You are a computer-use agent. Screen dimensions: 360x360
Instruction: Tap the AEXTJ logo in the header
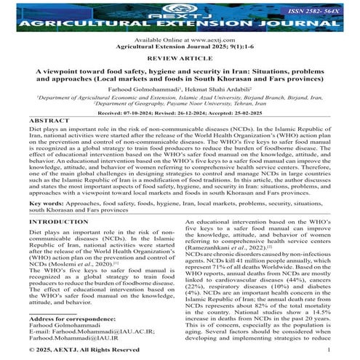(180, 9)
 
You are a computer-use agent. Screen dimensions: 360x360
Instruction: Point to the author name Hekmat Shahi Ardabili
(215, 92)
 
